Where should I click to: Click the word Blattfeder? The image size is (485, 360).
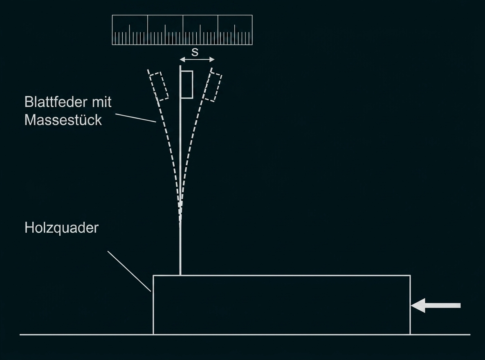pos(53,102)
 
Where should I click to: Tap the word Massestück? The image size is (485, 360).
pos(63,120)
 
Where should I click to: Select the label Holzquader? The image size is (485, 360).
pos(62,228)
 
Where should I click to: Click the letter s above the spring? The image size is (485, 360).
pos(195,52)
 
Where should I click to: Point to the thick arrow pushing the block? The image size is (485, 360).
pos(436,306)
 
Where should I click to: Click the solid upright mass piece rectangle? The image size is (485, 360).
pos(187,85)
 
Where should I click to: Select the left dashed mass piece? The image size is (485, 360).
pos(159,86)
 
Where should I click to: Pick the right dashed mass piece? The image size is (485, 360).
pos(213,87)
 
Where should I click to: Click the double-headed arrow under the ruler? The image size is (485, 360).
pos(198,59)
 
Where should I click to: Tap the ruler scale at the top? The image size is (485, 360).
pos(182,30)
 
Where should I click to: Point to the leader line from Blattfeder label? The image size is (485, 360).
pos(135,118)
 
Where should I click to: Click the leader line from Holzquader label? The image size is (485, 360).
pos(129,271)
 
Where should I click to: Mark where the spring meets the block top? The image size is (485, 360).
pos(180,275)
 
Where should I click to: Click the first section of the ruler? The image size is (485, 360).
pos(130,30)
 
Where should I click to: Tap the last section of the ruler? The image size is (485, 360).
pos(235,30)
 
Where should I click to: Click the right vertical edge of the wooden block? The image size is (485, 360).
pos(410,305)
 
